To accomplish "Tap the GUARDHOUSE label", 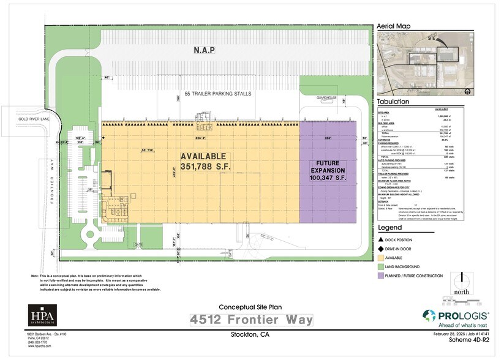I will (x=326, y=97).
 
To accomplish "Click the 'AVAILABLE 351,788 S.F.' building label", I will (x=203, y=162).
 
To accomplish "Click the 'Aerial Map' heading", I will (x=393, y=26).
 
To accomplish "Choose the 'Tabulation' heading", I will (x=393, y=102).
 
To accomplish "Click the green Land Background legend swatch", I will (x=381, y=268).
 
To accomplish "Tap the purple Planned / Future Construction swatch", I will (x=381, y=276).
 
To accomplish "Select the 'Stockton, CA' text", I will (x=250, y=335).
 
